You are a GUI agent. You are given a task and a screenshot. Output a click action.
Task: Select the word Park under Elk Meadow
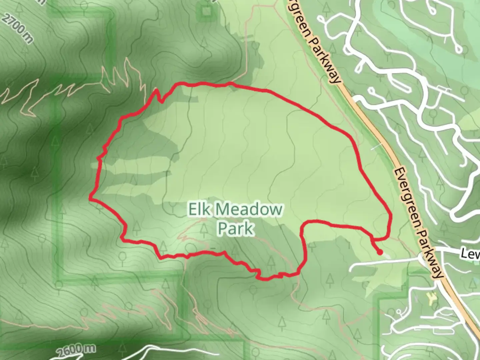pos(236,229)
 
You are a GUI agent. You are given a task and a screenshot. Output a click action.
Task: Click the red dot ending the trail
pos(380,252)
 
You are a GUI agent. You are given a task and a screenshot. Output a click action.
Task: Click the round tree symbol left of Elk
pos(173,208)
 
